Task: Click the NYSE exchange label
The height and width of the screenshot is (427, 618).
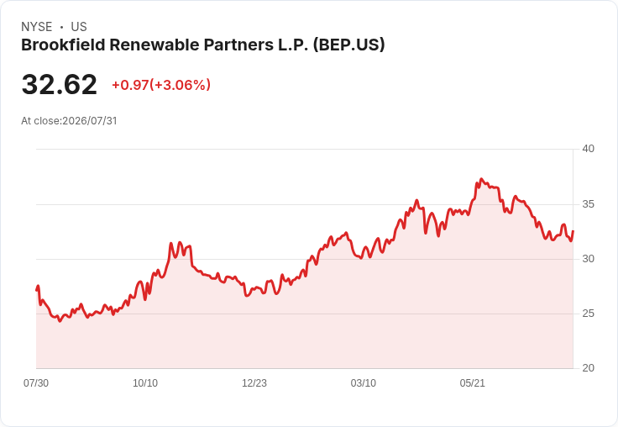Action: pyautogui.click(x=37, y=27)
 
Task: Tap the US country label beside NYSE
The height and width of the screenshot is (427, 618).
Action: pyautogui.click(x=79, y=27)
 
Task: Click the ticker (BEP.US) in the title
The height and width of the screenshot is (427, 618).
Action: pyautogui.click(x=348, y=45)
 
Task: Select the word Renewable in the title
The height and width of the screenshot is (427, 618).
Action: pyautogui.click(x=153, y=45)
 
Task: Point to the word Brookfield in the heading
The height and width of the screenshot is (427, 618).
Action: pyautogui.click(x=64, y=45)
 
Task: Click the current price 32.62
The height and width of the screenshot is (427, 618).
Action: pyautogui.click(x=59, y=84)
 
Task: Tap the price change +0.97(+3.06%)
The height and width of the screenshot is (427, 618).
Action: pyautogui.click(x=161, y=85)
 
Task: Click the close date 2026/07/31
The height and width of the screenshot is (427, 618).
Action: pyautogui.click(x=90, y=121)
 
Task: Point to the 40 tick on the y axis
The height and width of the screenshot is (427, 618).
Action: pyautogui.click(x=589, y=149)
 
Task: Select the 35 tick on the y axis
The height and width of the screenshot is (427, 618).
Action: pyautogui.click(x=589, y=204)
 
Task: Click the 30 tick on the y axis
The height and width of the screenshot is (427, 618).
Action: pyautogui.click(x=589, y=259)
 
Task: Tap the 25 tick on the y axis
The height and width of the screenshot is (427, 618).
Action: pyautogui.click(x=589, y=314)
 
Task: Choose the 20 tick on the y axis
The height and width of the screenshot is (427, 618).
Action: pyautogui.click(x=589, y=368)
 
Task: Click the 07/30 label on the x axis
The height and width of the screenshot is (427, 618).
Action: pyautogui.click(x=36, y=383)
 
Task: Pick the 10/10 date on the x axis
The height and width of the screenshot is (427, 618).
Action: pyautogui.click(x=145, y=383)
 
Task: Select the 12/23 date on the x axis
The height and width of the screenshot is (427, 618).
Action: pyautogui.click(x=254, y=383)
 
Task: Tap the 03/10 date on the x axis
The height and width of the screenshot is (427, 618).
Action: pyautogui.click(x=364, y=383)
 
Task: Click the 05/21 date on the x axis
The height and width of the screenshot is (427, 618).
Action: pyautogui.click(x=472, y=383)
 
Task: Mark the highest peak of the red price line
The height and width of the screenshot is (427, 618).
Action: pyautogui.click(x=481, y=179)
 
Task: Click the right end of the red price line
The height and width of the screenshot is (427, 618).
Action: pyautogui.click(x=573, y=231)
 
